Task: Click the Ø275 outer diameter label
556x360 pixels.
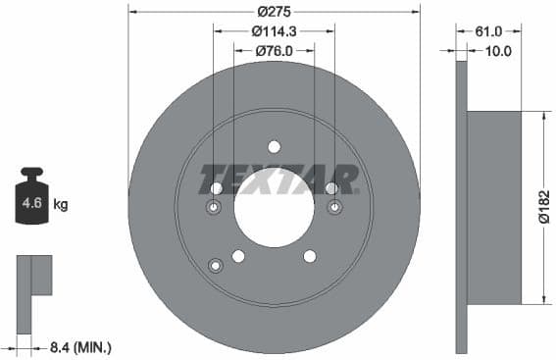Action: click(274, 12)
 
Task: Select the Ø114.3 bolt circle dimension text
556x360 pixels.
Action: click(274, 31)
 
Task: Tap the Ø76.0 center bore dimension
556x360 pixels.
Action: click(274, 50)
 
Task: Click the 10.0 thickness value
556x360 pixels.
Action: click(499, 51)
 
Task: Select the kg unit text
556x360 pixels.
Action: click(60, 205)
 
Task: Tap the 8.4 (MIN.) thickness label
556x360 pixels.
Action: click(79, 345)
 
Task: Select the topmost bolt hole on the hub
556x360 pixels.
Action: click(274, 147)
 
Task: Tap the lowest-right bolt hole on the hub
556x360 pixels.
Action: click(310, 256)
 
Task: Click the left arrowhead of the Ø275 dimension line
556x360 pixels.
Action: click(132, 12)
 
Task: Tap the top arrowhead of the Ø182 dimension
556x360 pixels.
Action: click(543, 115)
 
